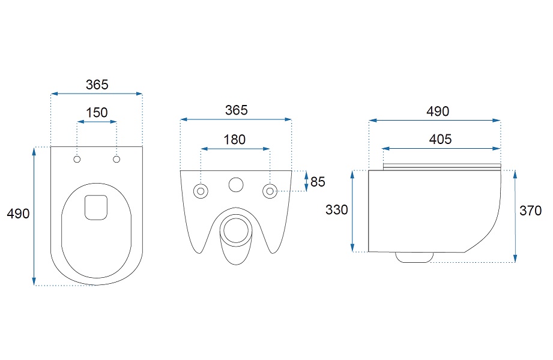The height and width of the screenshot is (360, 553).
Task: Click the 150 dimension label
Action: pos(97,112)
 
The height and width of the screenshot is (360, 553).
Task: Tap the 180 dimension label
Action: pos(235,140)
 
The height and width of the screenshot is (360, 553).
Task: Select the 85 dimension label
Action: pos(318,182)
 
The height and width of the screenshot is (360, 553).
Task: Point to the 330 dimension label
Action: pos(337,210)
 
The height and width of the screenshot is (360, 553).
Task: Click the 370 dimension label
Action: pos(530,211)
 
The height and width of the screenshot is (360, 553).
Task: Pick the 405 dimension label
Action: pos(441,139)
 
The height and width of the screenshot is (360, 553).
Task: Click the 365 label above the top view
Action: pos(97,85)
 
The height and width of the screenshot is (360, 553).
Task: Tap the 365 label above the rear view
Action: pos(237,110)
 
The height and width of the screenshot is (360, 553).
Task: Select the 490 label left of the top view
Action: pos(19,214)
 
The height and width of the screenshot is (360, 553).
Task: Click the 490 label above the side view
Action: pos(438,112)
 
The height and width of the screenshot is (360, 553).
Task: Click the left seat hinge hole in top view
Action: pos(77,160)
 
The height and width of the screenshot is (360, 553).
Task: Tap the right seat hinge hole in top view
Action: pos(116,160)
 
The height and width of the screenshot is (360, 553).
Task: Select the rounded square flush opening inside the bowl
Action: pos(96,208)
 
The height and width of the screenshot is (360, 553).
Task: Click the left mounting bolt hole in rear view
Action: pos(201,191)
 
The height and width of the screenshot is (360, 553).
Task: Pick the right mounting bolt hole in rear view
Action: pos(270,191)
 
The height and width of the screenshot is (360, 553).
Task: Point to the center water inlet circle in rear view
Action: pos(236,185)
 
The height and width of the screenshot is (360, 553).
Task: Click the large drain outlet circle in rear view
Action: pos(236,230)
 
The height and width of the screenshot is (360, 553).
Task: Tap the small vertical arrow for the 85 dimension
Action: pos(306,181)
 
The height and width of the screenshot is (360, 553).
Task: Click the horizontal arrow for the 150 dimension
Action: pos(97,122)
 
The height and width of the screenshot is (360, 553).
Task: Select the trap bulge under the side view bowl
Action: pos(414,257)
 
